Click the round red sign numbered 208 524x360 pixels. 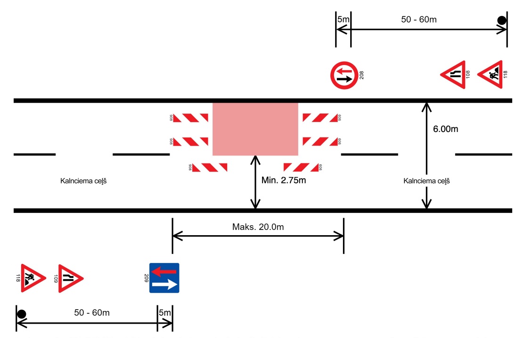[x=344, y=75]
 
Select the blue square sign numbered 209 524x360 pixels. [x=164, y=278]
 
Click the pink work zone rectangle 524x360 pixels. [x=255, y=129]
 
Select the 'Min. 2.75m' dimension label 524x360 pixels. [x=283, y=180]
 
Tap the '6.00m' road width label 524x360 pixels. [x=445, y=129]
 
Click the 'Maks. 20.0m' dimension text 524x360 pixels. [x=258, y=227]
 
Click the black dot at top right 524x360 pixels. [x=502, y=20]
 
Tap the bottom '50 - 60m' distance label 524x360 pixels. [x=92, y=312]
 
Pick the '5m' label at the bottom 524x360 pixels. [x=165, y=312]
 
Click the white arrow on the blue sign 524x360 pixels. [x=165, y=284]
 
